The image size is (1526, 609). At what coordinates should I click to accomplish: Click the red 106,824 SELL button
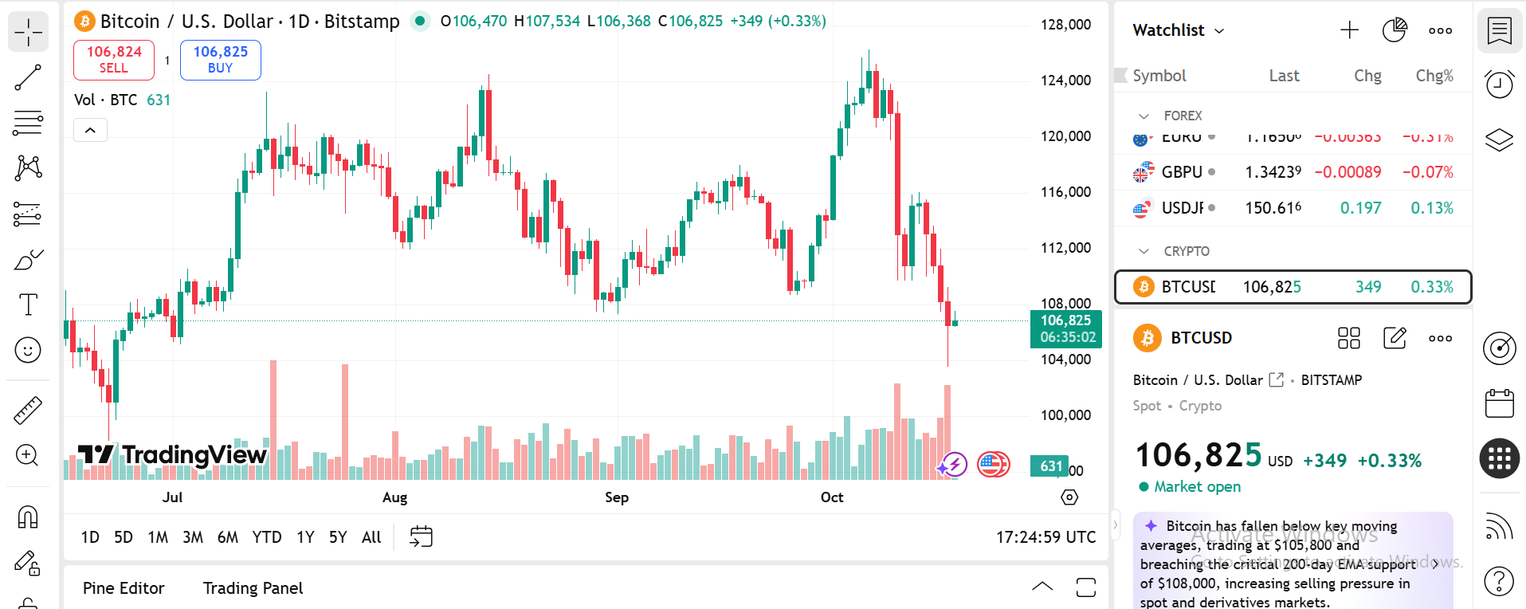pos(114,60)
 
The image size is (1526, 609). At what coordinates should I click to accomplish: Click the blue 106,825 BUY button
pos(221,60)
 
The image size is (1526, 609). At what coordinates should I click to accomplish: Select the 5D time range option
pos(124,537)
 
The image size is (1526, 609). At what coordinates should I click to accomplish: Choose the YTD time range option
pos(267,537)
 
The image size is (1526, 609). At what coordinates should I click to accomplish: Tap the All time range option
pos(371,537)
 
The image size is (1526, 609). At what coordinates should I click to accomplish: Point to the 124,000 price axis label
pos(1065,81)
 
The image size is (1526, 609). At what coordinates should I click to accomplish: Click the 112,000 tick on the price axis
pos(1065,248)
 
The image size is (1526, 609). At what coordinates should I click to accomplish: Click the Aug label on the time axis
pos(394,497)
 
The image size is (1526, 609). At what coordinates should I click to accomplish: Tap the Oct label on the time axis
pos(832,497)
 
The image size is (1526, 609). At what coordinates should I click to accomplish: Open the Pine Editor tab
pos(124,588)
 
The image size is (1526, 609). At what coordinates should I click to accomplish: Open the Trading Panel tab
pos(253,588)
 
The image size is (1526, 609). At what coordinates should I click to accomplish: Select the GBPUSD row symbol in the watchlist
pos(1181,172)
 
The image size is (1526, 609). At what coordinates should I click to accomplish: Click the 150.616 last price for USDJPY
pos(1273,208)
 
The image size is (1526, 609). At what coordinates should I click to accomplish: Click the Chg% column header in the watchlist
pos(1434,76)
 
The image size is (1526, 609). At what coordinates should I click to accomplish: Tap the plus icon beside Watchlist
pos(1349,30)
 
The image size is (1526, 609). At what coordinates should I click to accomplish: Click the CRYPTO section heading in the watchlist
pos(1186,251)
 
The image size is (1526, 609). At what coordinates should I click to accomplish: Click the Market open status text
pos(1197,487)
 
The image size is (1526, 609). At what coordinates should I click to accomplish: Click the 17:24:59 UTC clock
pos(1045,537)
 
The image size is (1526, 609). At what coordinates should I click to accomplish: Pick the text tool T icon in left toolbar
pos(28,304)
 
